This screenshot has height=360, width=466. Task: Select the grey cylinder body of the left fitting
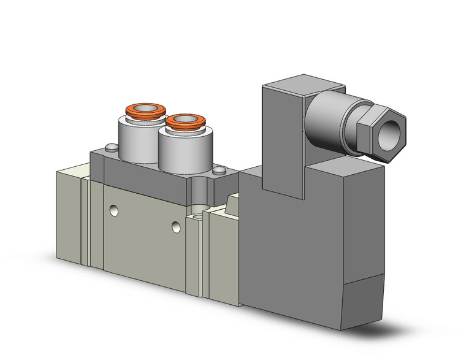(x=136, y=138)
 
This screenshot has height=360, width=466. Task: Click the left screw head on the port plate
(x=110, y=147)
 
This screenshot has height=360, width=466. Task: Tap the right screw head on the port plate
(x=218, y=174)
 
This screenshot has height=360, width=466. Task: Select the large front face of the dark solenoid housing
(x=288, y=251)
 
